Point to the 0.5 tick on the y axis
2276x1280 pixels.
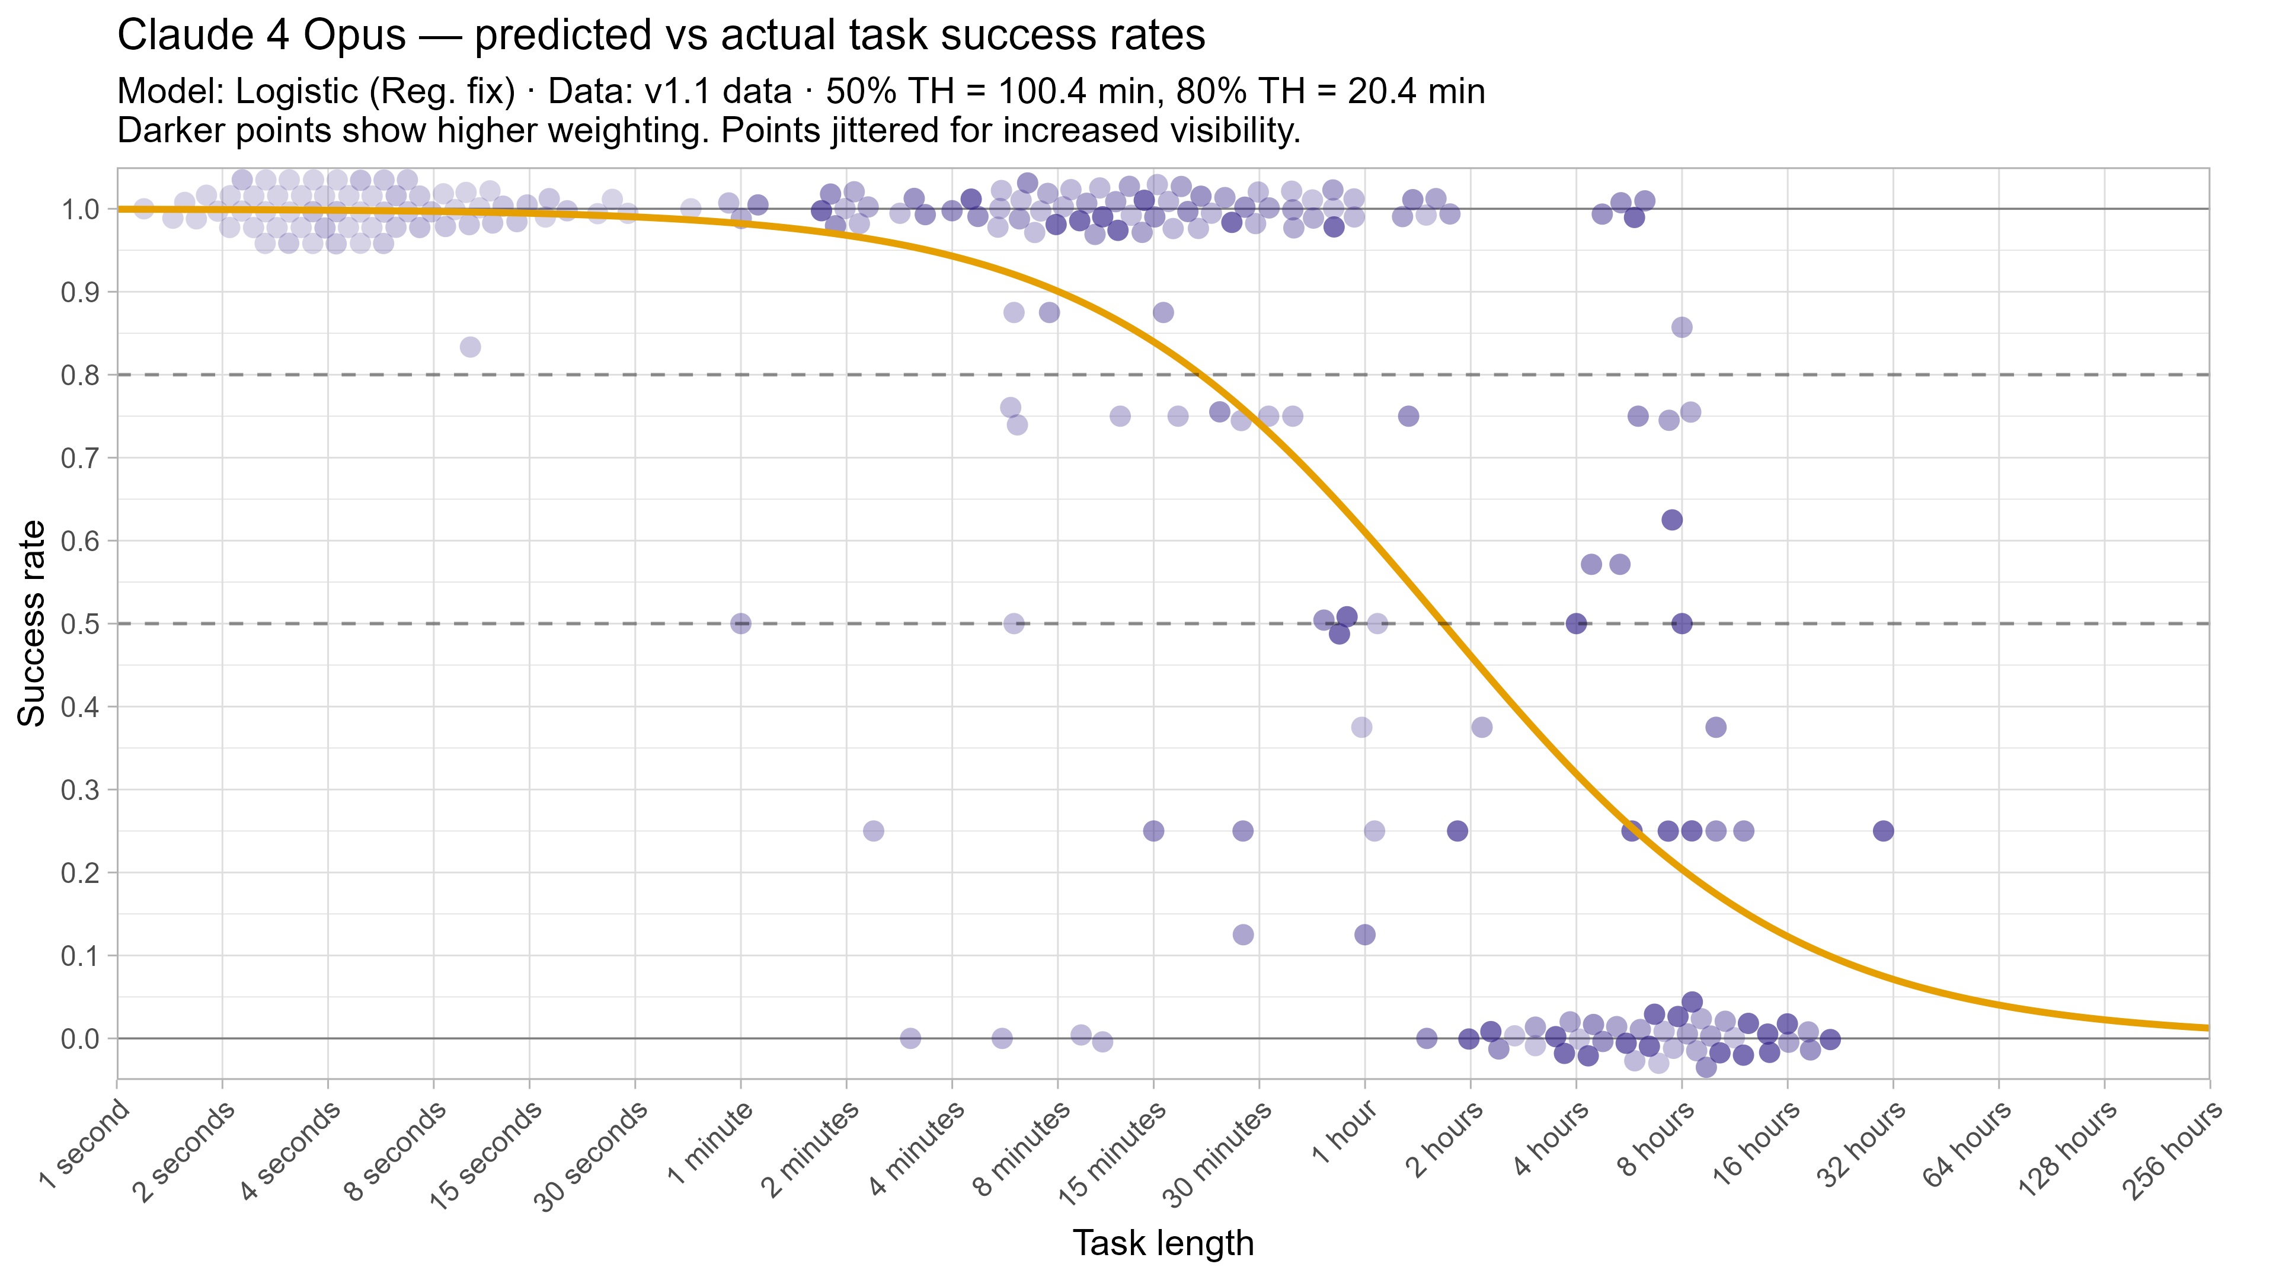click(x=79, y=623)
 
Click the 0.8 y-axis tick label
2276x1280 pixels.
click(x=79, y=376)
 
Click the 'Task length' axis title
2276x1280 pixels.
click(x=1163, y=1243)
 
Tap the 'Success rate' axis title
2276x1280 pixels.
click(x=32, y=623)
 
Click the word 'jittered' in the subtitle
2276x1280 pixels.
click(x=945, y=131)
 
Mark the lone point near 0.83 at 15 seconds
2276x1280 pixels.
click(x=471, y=346)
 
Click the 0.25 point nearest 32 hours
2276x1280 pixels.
click(x=1883, y=830)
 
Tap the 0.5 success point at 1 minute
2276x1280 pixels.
click(x=740, y=623)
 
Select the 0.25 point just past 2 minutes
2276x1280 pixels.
click(x=873, y=830)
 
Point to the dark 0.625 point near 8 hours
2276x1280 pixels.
click(x=1671, y=520)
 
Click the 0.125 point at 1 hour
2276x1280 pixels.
click(x=1365, y=935)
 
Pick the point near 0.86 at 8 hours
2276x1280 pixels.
click(x=1682, y=328)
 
